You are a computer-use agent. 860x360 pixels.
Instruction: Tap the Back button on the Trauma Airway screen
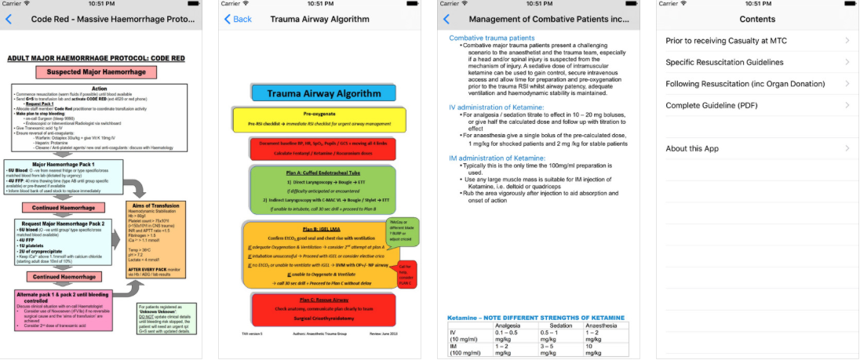238,19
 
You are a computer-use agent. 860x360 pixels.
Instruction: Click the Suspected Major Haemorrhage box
97,72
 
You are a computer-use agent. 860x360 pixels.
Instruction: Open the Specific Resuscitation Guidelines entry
724,62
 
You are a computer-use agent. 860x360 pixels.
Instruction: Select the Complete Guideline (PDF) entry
716,105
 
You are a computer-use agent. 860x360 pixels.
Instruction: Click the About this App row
692,148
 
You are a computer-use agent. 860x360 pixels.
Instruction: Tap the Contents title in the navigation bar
757,19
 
